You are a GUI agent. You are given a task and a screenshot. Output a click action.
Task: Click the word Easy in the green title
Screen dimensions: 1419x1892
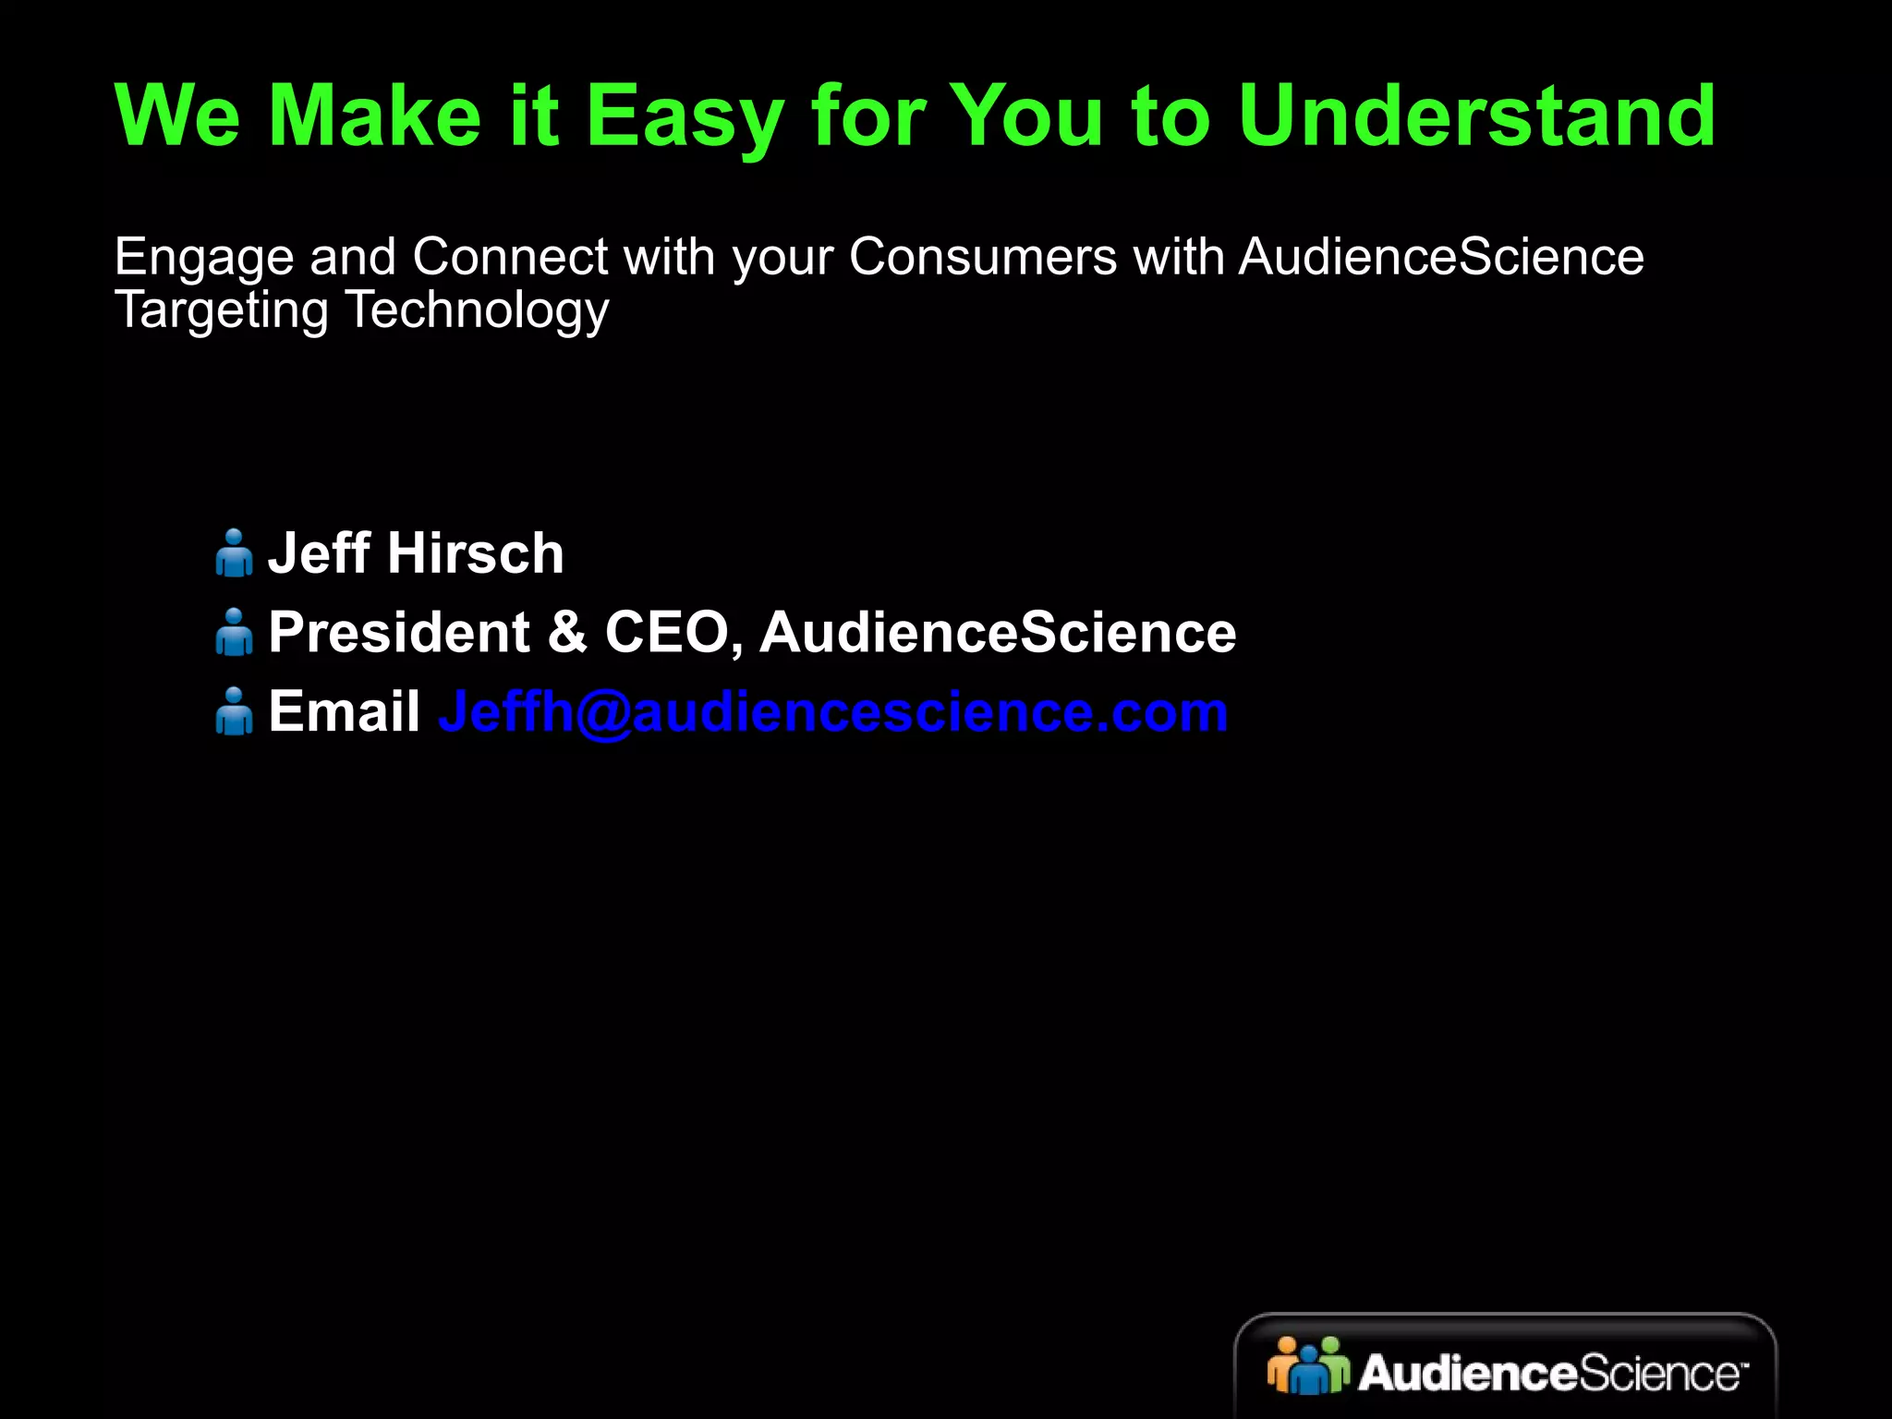pyautogui.click(x=685, y=117)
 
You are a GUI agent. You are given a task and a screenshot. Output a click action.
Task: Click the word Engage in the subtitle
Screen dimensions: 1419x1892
pyautogui.click(x=203, y=258)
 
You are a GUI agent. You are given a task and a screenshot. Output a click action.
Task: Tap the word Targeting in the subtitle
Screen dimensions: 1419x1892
pyautogui.click(x=221, y=310)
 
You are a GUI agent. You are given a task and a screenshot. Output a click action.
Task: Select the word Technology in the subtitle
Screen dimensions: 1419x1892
pyautogui.click(x=477, y=310)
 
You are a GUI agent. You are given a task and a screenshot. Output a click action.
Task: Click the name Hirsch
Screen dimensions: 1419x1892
pyautogui.click(x=476, y=553)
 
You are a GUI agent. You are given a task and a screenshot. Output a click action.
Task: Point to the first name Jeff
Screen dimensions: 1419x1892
pyautogui.click(x=319, y=553)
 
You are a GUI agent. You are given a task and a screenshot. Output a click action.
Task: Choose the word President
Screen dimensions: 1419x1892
pyautogui.click(x=399, y=633)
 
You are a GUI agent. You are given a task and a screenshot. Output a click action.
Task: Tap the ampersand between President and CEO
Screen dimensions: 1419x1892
pyautogui.click(x=566, y=633)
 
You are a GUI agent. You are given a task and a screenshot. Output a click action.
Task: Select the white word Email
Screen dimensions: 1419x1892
pyautogui.click(x=344, y=712)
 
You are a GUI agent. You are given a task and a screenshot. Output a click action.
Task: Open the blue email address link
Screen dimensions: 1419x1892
pyautogui.click(x=833, y=712)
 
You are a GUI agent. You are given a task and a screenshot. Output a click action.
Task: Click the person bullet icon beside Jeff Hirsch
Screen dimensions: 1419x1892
pyautogui.click(x=234, y=552)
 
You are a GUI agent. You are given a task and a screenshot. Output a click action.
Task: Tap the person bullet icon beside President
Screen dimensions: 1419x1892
pyautogui.click(x=234, y=632)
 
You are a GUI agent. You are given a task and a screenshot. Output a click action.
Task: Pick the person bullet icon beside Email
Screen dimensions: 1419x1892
pyautogui.click(x=234, y=711)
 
